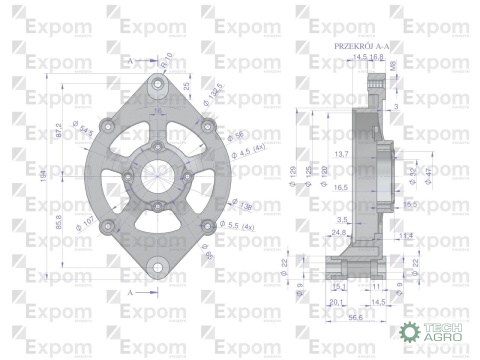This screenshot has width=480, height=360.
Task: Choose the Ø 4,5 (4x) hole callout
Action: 242,149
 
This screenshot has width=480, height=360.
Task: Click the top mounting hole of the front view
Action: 157,77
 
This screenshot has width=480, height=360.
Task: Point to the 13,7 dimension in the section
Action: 341,153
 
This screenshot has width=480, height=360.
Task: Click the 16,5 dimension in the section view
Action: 341,187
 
